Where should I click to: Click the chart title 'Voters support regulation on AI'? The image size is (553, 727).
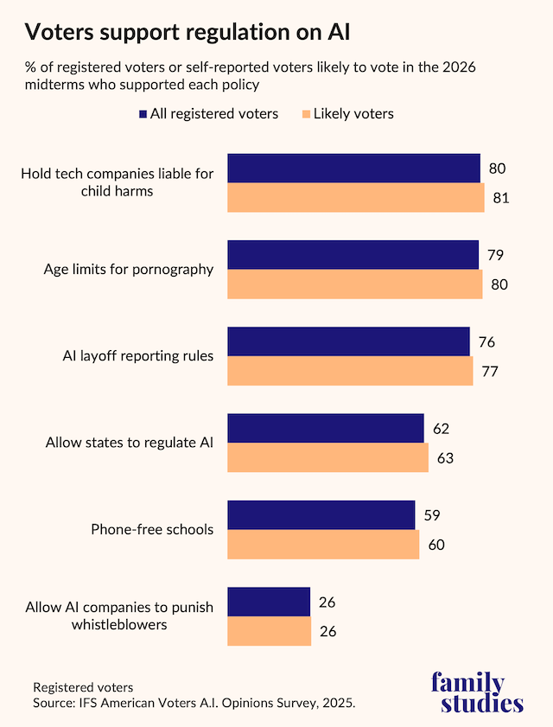pyautogui.click(x=188, y=33)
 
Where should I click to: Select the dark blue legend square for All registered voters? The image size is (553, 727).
pyautogui.click(x=143, y=113)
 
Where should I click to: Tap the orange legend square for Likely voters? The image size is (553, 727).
pyautogui.click(x=304, y=113)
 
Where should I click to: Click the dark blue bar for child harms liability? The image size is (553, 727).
pyautogui.click(x=353, y=169)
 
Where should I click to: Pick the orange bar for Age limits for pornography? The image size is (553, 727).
pyautogui.click(x=354, y=284)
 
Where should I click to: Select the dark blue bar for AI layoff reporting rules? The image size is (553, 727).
pyautogui.click(x=348, y=341)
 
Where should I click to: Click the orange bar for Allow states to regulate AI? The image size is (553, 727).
pyautogui.click(x=327, y=458)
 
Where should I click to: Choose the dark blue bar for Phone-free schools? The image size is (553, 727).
pyautogui.click(x=321, y=515)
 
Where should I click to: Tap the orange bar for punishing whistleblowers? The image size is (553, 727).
pyautogui.click(x=269, y=631)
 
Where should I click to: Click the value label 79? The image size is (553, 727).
pyautogui.click(x=495, y=255)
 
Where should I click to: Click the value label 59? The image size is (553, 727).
pyautogui.click(x=432, y=515)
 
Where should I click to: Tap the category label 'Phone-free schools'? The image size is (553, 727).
pyautogui.click(x=152, y=529)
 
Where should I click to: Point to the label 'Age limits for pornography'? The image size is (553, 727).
pyautogui.click(x=129, y=269)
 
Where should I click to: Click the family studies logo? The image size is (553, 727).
pyautogui.click(x=477, y=692)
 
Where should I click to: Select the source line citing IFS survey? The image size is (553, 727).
pyautogui.click(x=194, y=703)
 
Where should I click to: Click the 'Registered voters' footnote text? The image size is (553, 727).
pyautogui.click(x=83, y=687)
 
